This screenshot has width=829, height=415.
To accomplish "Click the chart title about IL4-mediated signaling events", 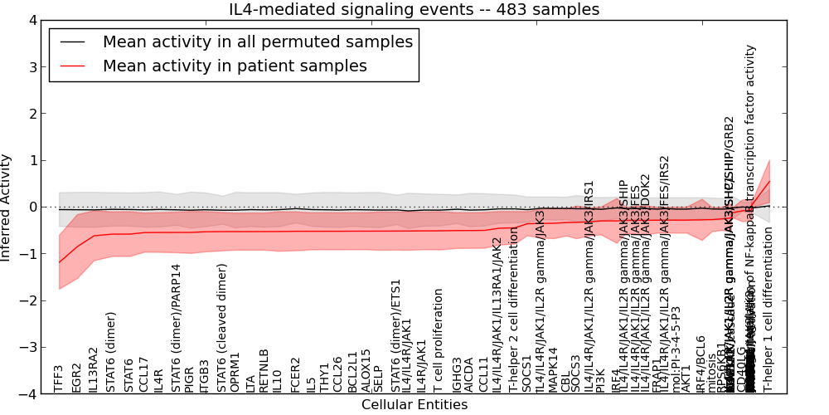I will point(414,9).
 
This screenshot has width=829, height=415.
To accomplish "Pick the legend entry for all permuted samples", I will point(257,41).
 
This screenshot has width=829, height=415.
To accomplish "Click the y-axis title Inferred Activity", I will point(7,207).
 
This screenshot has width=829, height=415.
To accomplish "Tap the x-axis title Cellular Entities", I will point(414,405).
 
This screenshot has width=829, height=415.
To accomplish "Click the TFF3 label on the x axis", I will point(59,378).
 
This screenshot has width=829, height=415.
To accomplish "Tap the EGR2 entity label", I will point(77,378).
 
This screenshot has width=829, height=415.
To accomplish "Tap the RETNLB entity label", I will point(264,370).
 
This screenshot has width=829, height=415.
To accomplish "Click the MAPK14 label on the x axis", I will point(552,370).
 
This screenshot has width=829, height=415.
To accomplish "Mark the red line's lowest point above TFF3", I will point(59,263).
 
